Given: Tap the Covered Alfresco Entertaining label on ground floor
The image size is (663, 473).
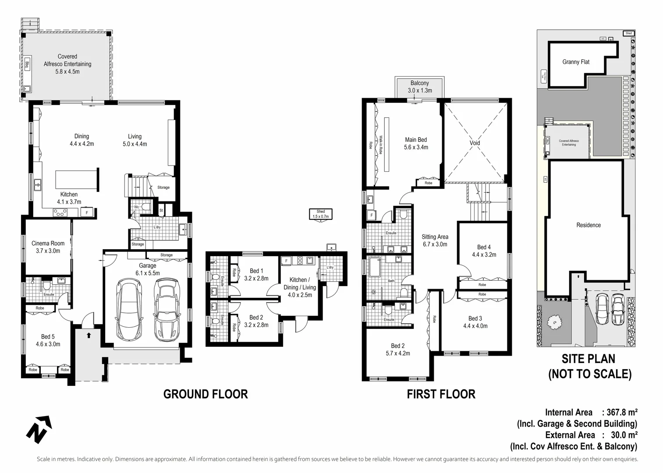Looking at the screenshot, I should point(67,64).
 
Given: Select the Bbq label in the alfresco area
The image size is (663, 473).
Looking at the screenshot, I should point(27,64).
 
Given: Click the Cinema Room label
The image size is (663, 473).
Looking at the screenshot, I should point(48,247).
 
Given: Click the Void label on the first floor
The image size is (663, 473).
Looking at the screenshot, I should point(475,143).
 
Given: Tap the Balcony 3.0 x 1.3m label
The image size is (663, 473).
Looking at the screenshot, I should point(419,87).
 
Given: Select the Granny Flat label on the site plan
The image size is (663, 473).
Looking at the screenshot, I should point(576,62).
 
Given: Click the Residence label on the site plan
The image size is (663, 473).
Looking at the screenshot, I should point(588,225).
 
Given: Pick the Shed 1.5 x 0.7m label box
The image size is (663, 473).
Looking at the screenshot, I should point(321,214).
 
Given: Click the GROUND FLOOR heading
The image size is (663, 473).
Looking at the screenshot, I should point(206,394).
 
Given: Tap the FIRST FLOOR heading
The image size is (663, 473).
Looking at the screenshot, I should point(441,394).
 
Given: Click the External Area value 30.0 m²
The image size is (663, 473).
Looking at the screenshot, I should point(624,435).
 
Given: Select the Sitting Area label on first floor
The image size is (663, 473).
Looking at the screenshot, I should point(435,240).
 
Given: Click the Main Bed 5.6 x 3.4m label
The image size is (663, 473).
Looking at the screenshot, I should point(416,143).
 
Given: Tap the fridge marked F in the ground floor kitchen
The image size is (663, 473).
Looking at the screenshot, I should point(87,213).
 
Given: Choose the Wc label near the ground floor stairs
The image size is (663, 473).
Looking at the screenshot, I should point(137,207).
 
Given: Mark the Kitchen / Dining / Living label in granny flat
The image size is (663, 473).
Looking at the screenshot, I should point(300,287).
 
